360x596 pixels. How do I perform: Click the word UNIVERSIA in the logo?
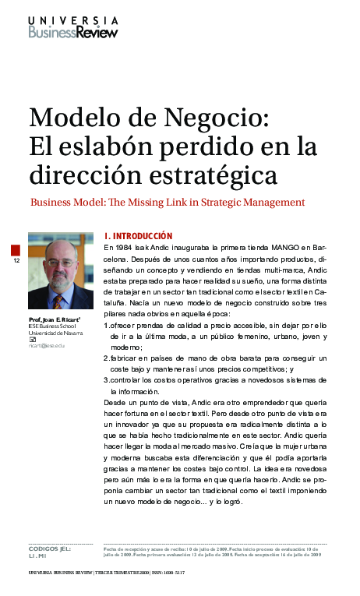coord(73,21)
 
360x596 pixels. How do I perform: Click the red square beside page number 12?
coord(16,249)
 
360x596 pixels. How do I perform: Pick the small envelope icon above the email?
coord(32,338)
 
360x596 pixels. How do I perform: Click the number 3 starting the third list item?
coord(106,379)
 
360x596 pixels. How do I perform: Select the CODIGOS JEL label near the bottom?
coord(49,549)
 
